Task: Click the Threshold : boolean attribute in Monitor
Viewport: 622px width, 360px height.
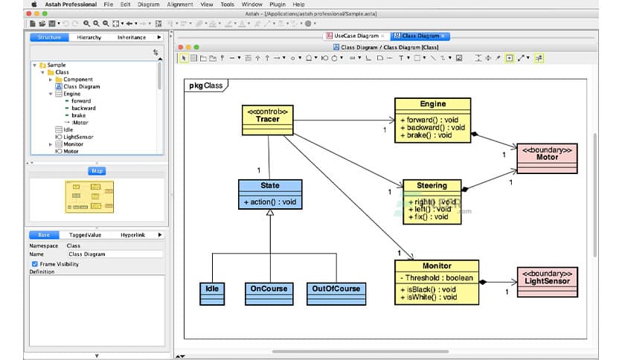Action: click(x=437, y=278)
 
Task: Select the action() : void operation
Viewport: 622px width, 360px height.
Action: click(x=270, y=202)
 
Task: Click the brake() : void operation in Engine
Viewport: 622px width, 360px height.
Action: click(x=426, y=135)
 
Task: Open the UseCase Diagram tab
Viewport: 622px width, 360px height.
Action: click(x=354, y=36)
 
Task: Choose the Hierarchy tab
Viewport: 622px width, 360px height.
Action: click(x=89, y=37)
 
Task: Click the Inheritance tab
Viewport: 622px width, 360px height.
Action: click(x=131, y=37)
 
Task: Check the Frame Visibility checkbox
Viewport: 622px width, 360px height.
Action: click(x=34, y=264)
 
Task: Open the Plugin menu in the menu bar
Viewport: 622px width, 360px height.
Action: click(x=278, y=4)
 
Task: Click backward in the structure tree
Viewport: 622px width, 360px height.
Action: click(x=83, y=109)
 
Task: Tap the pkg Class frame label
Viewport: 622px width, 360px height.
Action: click(x=206, y=86)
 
